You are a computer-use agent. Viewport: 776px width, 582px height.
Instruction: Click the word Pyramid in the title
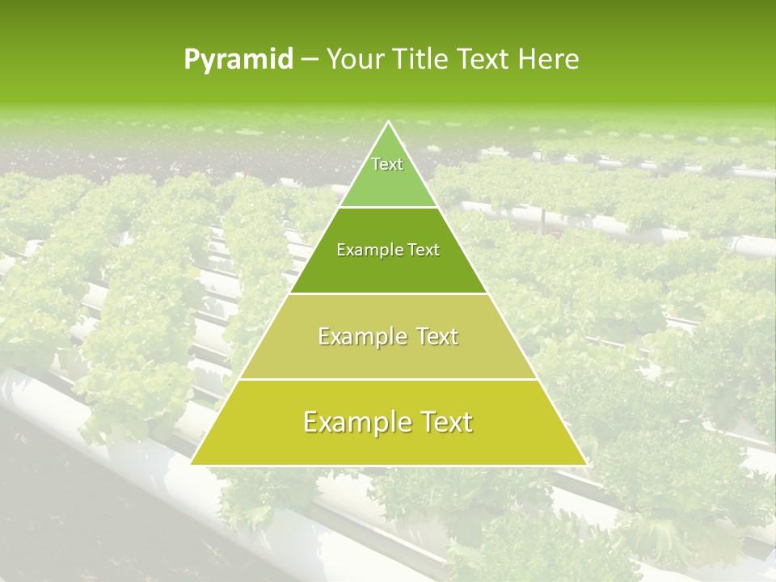pos(238,60)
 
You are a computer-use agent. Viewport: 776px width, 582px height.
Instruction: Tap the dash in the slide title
pos(310,60)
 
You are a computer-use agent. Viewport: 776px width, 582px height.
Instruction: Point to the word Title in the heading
pos(419,59)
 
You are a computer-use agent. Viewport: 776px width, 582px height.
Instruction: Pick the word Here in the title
pos(551,59)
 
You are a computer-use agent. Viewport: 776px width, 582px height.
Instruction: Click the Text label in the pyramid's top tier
pos(387,164)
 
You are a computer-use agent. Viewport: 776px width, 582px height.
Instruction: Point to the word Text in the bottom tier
pos(442,422)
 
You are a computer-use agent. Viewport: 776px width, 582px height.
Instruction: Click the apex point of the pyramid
pos(389,122)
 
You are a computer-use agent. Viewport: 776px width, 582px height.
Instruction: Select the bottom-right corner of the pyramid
pos(586,464)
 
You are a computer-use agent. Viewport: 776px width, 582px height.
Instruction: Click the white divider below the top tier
pos(389,207)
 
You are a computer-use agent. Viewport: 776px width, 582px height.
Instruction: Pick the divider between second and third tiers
pos(389,293)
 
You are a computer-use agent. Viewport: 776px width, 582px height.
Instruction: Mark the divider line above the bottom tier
pos(389,379)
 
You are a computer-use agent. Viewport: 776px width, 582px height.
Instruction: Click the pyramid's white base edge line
pos(389,465)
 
